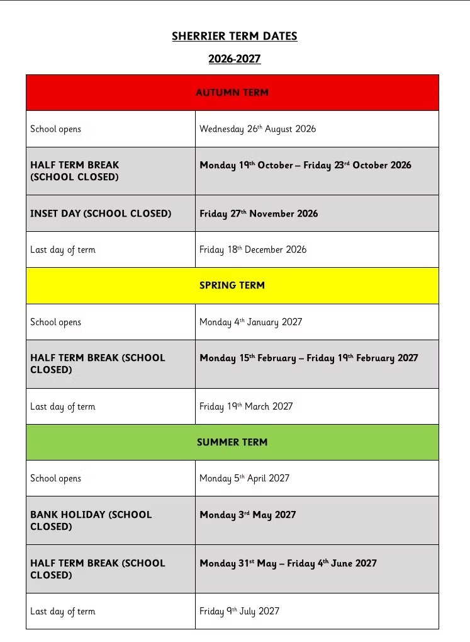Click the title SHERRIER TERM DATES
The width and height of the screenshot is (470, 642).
(x=234, y=37)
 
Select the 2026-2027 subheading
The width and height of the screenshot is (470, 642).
(x=234, y=59)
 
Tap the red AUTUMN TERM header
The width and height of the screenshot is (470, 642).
(x=232, y=93)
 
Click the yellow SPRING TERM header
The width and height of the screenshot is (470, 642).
(x=232, y=285)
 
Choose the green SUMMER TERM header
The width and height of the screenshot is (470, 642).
(x=232, y=442)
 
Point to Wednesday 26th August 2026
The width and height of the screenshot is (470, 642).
(x=258, y=129)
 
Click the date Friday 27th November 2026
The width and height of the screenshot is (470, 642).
(x=259, y=214)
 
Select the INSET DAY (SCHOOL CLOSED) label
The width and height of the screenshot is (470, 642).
(x=101, y=214)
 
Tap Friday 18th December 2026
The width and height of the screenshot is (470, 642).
(x=253, y=249)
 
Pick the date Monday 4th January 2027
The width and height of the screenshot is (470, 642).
(x=250, y=322)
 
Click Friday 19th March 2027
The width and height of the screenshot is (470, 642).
(x=246, y=406)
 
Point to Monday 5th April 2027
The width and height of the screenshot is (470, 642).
(x=244, y=478)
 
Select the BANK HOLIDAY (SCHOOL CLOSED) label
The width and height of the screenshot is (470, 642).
(x=91, y=520)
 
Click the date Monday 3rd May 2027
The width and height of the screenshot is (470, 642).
(x=247, y=515)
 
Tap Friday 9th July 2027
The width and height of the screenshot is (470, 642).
(x=239, y=611)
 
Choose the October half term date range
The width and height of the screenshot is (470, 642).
(x=305, y=165)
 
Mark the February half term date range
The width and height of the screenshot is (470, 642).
(x=308, y=358)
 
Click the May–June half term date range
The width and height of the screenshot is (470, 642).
(x=288, y=563)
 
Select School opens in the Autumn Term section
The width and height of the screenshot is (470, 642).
(x=55, y=129)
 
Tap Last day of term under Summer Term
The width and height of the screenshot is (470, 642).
(x=62, y=611)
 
